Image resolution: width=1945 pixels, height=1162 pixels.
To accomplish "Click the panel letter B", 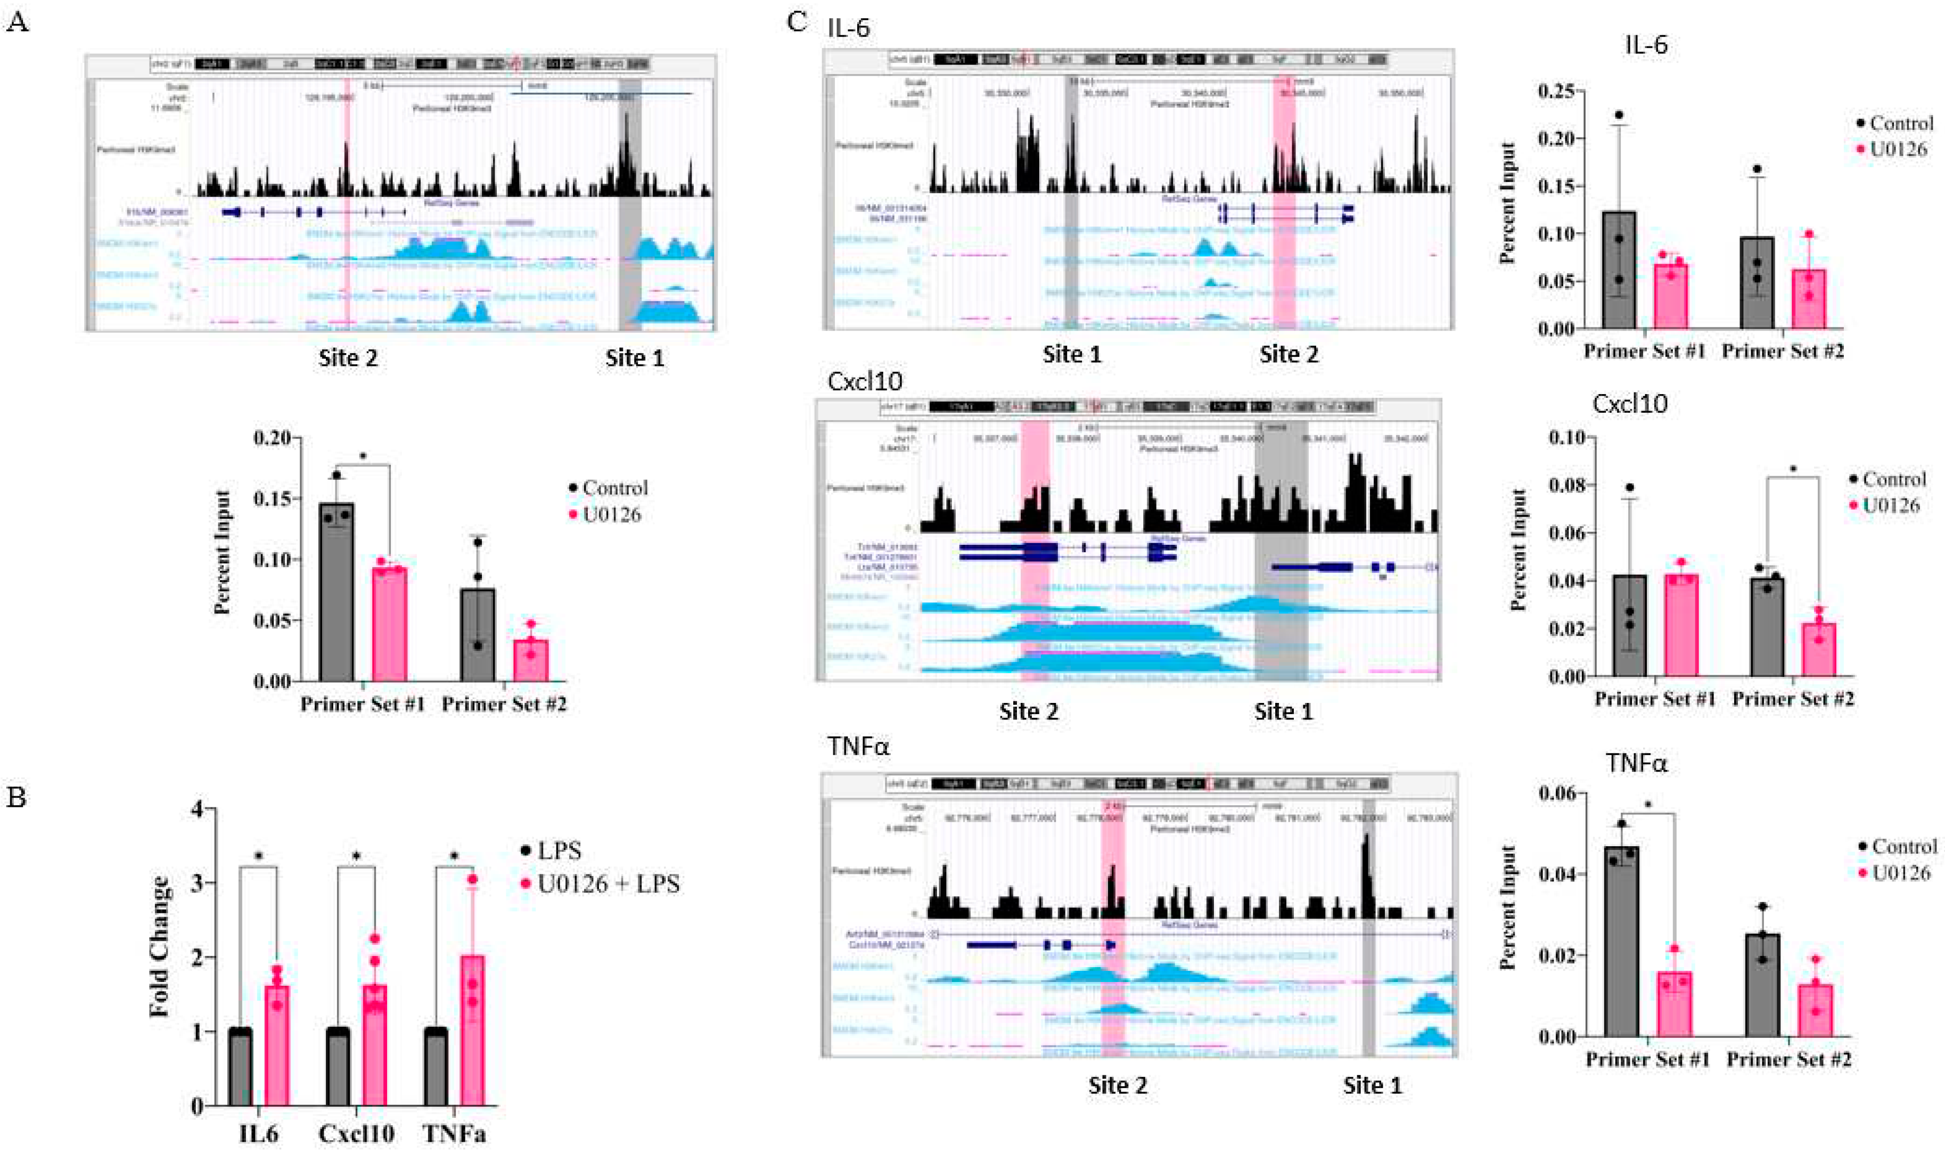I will (x=17, y=798).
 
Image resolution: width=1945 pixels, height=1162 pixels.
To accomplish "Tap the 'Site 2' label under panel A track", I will (x=348, y=358).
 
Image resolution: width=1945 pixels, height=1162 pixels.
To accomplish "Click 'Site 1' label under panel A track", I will (x=635, y=358).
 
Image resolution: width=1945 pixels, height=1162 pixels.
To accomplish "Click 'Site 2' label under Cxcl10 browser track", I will (x=1029, y=712).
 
